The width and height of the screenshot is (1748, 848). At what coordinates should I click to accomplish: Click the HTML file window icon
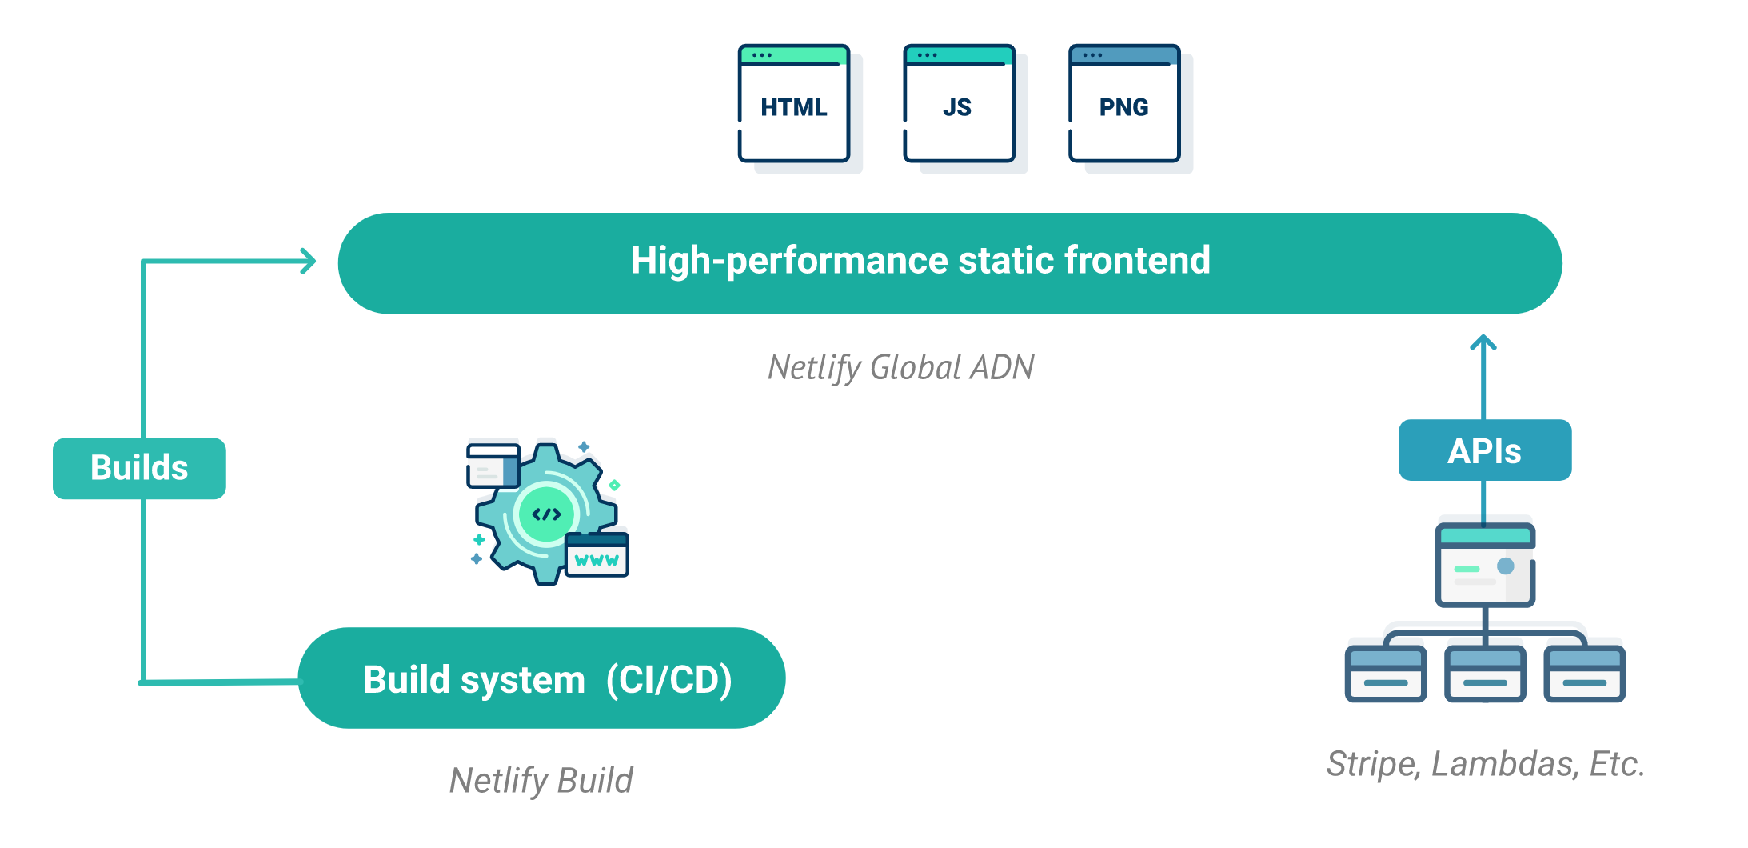[794, 103]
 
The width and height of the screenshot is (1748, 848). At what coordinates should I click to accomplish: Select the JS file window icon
[959, 103]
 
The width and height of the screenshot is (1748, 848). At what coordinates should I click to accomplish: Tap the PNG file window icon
[1124, 103]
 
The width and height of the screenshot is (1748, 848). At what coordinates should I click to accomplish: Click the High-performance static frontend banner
[950, 263]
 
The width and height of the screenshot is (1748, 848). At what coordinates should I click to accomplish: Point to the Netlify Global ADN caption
[901, 367]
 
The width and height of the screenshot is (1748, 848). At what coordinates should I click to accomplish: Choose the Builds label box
[139, 468]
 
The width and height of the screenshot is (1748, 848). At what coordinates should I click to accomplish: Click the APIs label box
[1485, 450]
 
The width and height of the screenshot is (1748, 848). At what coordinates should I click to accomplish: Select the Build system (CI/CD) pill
[542, 678]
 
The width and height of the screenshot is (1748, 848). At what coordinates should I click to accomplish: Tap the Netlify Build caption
[541, 780]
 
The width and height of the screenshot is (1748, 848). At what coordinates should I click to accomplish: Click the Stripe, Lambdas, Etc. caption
[1486, 763]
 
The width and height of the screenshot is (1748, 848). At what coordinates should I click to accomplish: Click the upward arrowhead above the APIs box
[1483, 342]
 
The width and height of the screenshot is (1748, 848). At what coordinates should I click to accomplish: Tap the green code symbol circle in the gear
[547, 514]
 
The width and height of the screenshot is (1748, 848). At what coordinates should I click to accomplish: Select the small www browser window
[597, 554]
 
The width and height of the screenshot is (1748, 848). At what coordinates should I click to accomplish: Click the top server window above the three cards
[1485, 565]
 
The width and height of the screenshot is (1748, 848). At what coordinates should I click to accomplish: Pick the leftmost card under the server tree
[1386, 674]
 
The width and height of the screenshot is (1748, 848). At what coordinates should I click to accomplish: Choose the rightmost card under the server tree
[1584, 674]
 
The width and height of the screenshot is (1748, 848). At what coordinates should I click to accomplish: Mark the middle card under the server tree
[1485, 674]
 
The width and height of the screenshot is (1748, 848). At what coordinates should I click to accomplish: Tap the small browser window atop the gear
[493, 466]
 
